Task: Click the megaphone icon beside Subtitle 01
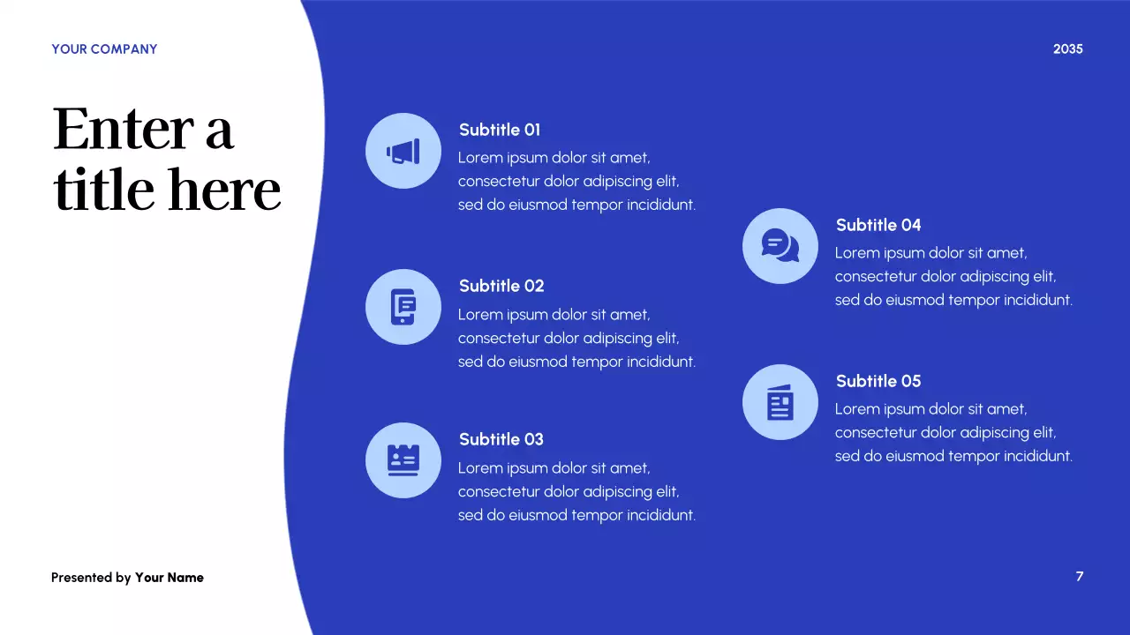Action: tap(403, 151)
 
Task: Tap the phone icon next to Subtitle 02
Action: tap(403, 307)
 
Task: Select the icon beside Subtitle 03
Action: tap(403, 460)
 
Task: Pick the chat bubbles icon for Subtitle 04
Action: tap(780, 245)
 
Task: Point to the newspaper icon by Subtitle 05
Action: tap(780, 402)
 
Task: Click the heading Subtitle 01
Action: tap(500, 130)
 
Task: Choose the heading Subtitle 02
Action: tap(501, 286)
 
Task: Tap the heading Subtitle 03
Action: tap(501, 439)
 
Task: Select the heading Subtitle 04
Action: tap(878, 225)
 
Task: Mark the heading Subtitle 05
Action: tap(878, 381)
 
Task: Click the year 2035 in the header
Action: tap(1067, 49)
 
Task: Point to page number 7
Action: tap(1079, 577)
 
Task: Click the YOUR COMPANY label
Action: tap(104, 49)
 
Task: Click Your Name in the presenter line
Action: tap(169, 578)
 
